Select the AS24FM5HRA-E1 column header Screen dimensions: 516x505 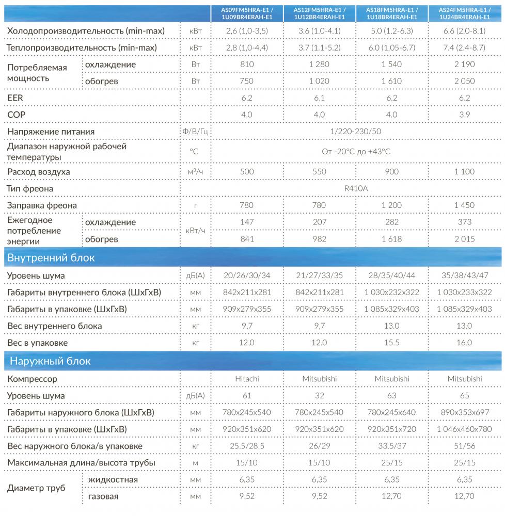tap(465, 13)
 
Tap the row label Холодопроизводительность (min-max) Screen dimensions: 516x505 tap(86, 31)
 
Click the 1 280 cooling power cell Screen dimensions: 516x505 tap(320, 64)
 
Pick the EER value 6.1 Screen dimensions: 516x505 tap(320, 97)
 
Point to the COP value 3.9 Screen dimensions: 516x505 tap(465, 114)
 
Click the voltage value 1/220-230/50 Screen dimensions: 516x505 tap(356, 132)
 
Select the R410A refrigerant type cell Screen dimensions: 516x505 tap(356, 188)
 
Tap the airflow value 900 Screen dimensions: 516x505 tap(392, 171)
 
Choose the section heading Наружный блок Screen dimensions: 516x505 tap(50, 361)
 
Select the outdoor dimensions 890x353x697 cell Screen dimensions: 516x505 tap(464, 412)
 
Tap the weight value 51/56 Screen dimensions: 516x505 tap(464, 446)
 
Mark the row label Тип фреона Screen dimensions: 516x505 tap(30, 188)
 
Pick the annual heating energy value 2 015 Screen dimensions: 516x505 tap(464, 239)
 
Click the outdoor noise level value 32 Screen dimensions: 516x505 tap(320, 396)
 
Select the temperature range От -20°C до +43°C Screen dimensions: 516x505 tap(356, 151)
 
